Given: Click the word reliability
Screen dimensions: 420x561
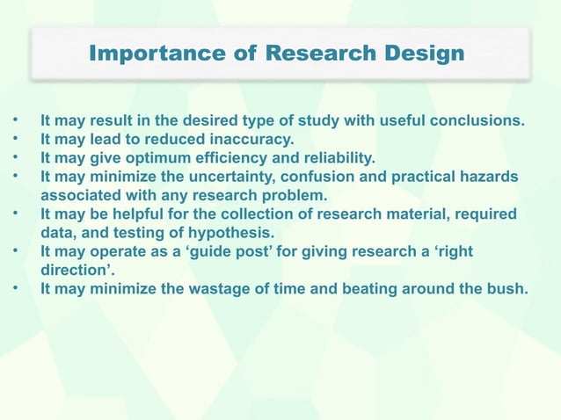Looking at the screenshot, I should click(x=337, y=158).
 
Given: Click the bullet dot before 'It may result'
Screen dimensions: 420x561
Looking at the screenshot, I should click(x=13, y=120).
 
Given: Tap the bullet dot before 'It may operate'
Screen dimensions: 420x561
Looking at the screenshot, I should click(x=13, y=252).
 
